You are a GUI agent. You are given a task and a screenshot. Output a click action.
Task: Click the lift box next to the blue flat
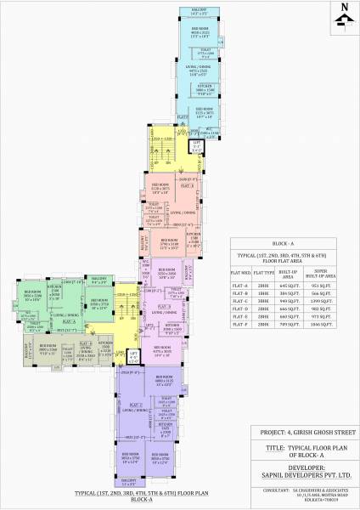197,146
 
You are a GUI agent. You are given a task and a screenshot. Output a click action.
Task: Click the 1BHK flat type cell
262,294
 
